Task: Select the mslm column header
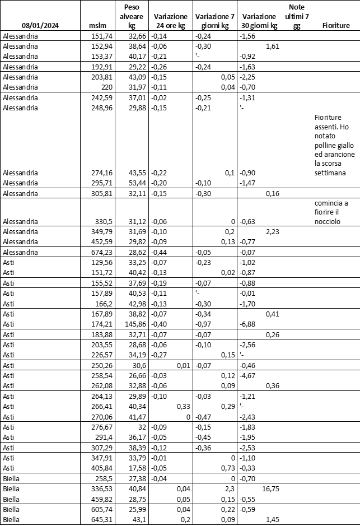97,26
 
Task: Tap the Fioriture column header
336,26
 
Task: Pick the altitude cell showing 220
104,87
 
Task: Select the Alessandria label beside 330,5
20,222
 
